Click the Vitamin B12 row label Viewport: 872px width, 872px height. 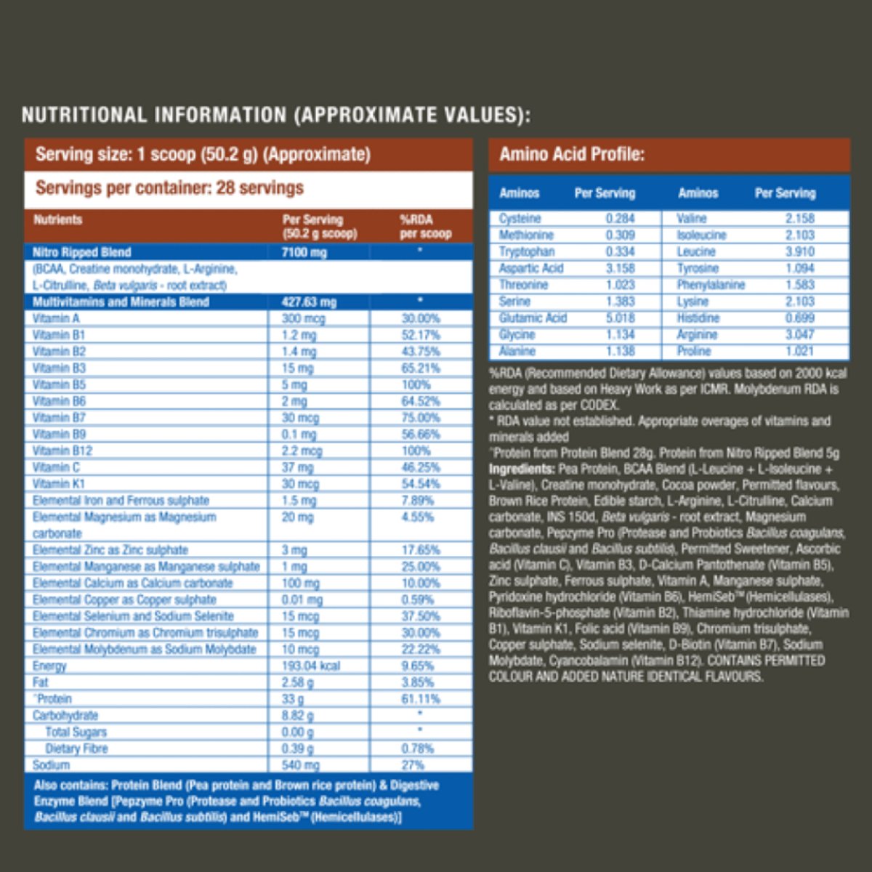coord(62,451)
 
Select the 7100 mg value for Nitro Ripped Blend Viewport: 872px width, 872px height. coord(304,253)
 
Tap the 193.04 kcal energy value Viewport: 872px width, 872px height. coord(311,666)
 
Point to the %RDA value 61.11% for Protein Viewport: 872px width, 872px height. coord(421,699)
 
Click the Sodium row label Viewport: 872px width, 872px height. coord(51,765)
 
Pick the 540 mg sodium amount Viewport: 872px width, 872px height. coord(301,765)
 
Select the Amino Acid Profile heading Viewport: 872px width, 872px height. coord(572,155)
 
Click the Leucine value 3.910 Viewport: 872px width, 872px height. coord(799,252)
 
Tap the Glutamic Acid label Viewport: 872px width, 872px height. coord(533,318)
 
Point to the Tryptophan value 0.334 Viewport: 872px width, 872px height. coord(620,252)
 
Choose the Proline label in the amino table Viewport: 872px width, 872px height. coord(693,352)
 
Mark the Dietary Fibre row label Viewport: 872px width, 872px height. coord(76,748)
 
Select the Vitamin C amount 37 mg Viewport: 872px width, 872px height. coord(298,467)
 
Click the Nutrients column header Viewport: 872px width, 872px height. coord(58,219)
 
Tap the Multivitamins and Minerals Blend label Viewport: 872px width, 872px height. coord(121,302)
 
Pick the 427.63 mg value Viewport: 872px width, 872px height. coord(309,302)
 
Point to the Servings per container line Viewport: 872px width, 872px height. coord(169,188)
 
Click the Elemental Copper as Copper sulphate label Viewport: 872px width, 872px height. coord(124,599)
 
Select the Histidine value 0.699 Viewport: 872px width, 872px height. coord(799,318)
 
